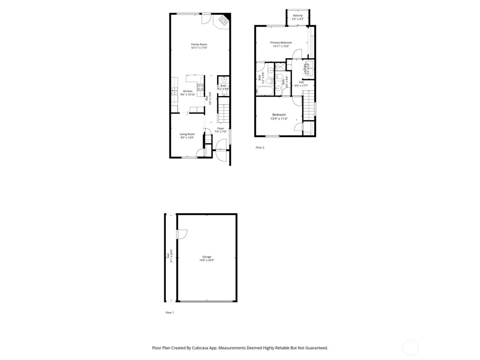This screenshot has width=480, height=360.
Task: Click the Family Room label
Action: (199, 44)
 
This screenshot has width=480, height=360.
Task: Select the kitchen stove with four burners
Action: (200, 87)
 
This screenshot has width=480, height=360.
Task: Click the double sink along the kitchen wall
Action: (174, 91)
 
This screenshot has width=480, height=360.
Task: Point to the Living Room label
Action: (187, 134)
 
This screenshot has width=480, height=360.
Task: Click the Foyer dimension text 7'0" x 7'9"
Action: (220, 132)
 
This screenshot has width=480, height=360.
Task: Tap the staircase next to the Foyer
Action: (223, 110)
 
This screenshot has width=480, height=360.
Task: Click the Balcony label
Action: (298, 16)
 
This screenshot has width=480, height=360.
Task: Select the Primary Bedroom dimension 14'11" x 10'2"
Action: (281, 46)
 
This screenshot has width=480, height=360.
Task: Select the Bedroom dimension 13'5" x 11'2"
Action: (279, 119)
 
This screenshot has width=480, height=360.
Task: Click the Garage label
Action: (206, 257)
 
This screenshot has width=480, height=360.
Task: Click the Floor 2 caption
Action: (260, 148)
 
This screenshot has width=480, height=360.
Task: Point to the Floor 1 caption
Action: (170, 313)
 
